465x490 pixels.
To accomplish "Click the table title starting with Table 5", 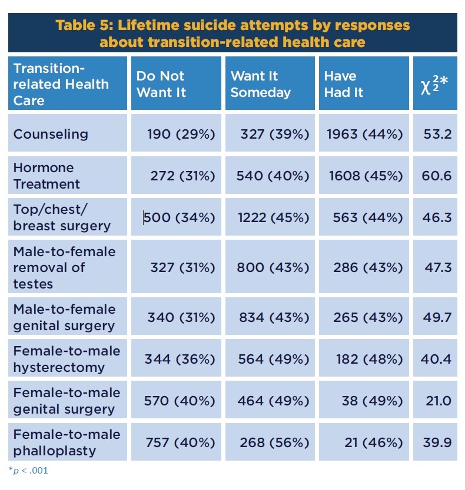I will coord(232,34).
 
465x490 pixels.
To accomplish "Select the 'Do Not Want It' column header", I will coord(161,84).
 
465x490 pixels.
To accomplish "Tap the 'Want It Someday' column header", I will coord(260,84).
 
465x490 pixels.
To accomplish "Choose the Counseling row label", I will coord(51,134).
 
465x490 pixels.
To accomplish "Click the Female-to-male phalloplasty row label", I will coord(67,442).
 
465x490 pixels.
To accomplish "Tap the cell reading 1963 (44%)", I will coord(365,134).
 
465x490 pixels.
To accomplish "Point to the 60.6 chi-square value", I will coord(436,176).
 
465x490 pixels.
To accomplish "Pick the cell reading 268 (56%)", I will coord(274,442).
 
